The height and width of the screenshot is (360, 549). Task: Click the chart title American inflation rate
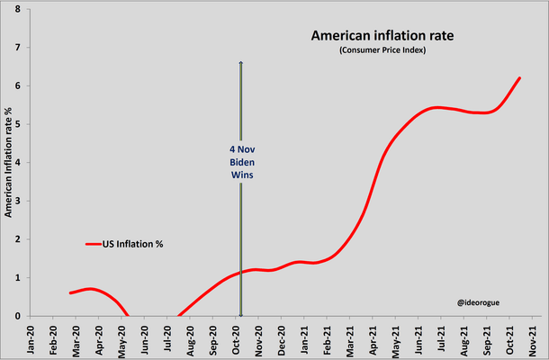(382, 36)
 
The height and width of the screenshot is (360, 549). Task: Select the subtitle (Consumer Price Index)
(382, 50)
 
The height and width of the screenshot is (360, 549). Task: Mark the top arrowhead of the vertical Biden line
(240, 63)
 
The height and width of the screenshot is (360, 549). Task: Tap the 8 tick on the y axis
(17, 9)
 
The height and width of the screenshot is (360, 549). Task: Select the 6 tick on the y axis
(17, 85)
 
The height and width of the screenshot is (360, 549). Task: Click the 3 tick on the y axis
(17, 201)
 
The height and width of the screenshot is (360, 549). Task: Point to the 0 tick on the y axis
(17, 316)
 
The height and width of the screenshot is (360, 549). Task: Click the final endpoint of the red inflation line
(520, 78)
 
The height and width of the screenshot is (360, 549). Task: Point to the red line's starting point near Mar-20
(70, 292)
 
